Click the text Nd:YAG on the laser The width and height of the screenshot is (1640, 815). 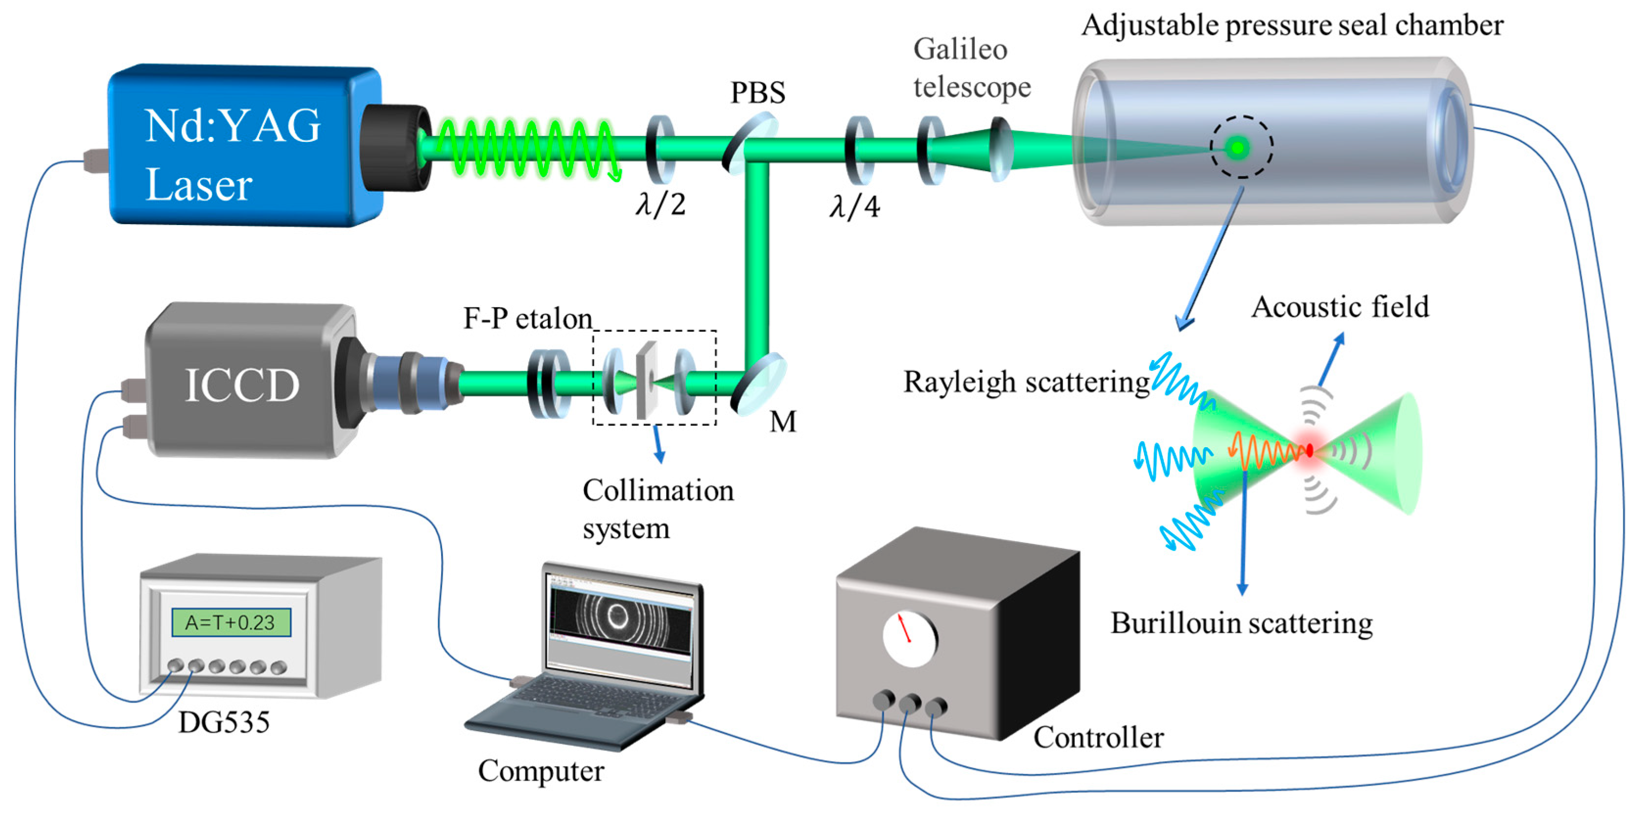point(233,125)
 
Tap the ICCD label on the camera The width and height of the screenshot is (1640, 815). point(241,385)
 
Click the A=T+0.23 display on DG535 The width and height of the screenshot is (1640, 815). point(231,622)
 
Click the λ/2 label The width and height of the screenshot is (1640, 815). point(660,205)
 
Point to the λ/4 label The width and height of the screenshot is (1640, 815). point(854,207)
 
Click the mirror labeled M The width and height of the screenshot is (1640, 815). point(759,385)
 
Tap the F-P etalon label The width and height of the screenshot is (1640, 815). point(527,318)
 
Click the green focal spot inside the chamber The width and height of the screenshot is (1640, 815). point(1238,148)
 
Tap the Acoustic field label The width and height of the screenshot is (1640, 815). point(1339,307)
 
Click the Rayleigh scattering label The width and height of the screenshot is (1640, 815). point(1026,383)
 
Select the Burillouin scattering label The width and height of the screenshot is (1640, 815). point(1241,624)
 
